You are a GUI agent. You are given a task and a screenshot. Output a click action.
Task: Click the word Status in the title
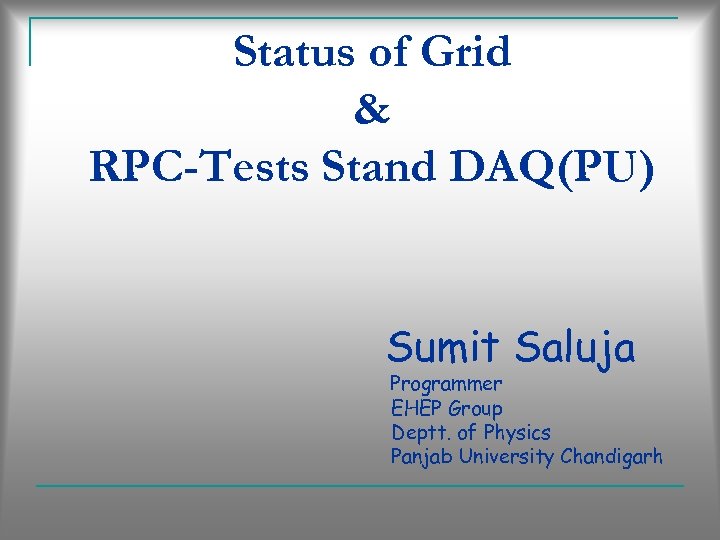[x=284, y=52]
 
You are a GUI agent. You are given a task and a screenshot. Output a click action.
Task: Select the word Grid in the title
[x=468, y=52]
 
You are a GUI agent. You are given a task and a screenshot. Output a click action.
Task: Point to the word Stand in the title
[x=379, y=167]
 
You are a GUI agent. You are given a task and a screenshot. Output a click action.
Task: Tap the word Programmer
[x=446, y=384]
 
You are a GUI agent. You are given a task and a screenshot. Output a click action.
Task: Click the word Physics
[x=517, y=433]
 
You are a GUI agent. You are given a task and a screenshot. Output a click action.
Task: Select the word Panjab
[x=420, y=457]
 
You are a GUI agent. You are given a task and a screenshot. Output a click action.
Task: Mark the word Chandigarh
[x=612, y=457]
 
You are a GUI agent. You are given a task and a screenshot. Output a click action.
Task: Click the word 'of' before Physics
[x=467, y=433]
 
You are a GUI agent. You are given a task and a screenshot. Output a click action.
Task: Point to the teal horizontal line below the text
[x=360, y=486]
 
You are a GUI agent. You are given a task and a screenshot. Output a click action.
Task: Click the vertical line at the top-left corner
[x=30, y=42]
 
